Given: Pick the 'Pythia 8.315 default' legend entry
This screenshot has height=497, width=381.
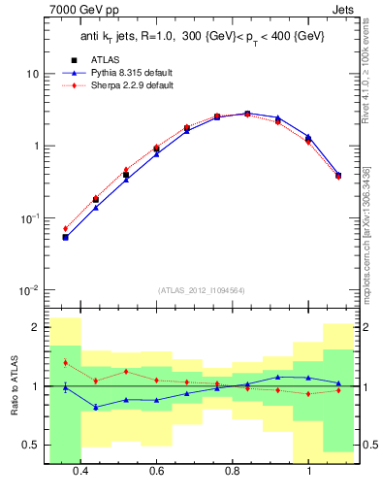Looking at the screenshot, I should click(125, 72).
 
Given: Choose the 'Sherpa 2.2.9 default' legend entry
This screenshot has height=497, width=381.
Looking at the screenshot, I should click(125, 84).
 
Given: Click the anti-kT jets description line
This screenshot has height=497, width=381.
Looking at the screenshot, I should click(201, 36).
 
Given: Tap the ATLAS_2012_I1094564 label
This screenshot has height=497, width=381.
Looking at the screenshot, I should click(201, 289).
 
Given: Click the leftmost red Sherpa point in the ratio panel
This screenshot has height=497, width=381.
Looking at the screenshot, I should click(65, 363).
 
